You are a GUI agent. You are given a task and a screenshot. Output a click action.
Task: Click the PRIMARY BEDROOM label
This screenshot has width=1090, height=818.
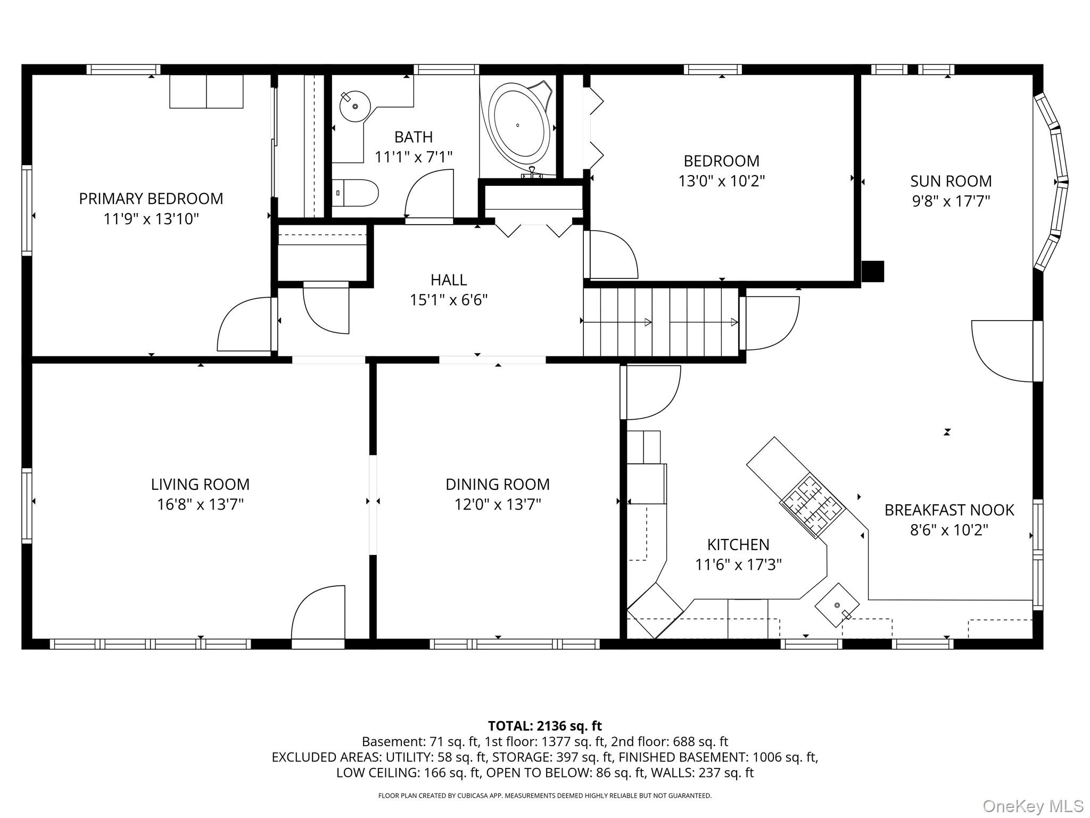(x=151, y=199)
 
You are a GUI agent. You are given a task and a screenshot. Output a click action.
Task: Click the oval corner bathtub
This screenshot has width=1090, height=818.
(x=519, y=125)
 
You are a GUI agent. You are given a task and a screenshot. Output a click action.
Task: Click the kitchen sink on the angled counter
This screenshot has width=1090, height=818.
(x=837, y=606)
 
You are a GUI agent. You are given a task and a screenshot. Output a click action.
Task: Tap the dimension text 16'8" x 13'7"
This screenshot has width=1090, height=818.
(x=200, y=504)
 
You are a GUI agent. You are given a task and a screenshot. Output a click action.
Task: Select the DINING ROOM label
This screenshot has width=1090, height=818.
(x=497, y=484)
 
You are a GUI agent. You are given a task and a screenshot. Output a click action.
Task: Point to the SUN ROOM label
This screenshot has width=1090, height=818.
(x=951, y=181)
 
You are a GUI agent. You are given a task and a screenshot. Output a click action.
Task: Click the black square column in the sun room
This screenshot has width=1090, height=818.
(x=872, y=271)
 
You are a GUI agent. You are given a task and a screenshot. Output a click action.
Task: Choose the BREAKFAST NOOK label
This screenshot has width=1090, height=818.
(x=949, y=510)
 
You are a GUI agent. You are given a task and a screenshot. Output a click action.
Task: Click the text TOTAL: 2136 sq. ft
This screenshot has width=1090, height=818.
(x=544, y=726)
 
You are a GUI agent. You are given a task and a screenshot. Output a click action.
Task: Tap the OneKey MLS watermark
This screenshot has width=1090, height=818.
(x=1033, y=806)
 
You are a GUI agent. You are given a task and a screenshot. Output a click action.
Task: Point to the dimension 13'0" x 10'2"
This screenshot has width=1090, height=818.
(x=721, y=181)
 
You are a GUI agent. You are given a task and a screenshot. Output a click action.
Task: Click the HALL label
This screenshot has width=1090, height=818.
(x=449, y=280)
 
